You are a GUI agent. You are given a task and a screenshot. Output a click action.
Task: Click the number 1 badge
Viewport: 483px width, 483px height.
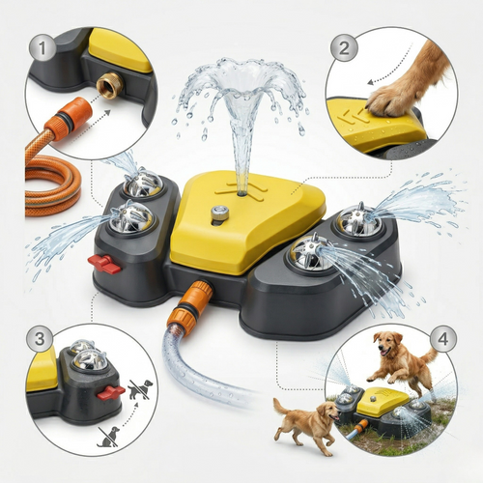pos(43,47)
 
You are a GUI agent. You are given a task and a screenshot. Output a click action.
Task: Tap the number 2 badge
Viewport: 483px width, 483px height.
pos(344,48)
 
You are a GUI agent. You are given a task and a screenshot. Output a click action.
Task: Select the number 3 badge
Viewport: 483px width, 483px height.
pos(40,338)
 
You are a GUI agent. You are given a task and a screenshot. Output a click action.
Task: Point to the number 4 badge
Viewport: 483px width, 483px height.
pos(443,339)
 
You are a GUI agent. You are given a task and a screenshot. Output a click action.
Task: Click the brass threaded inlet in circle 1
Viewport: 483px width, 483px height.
pos(109,85)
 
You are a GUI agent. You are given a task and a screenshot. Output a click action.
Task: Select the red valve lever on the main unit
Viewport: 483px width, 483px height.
pos(104,264)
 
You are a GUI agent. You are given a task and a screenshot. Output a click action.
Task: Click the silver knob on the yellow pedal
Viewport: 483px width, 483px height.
pos(220,213)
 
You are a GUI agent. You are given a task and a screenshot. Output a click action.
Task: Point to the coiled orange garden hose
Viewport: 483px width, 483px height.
pos(52,186)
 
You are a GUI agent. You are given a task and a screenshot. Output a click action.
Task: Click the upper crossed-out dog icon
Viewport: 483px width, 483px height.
pos(140,389)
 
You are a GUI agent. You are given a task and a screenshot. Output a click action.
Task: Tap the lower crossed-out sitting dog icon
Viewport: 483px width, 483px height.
pos(108,437)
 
